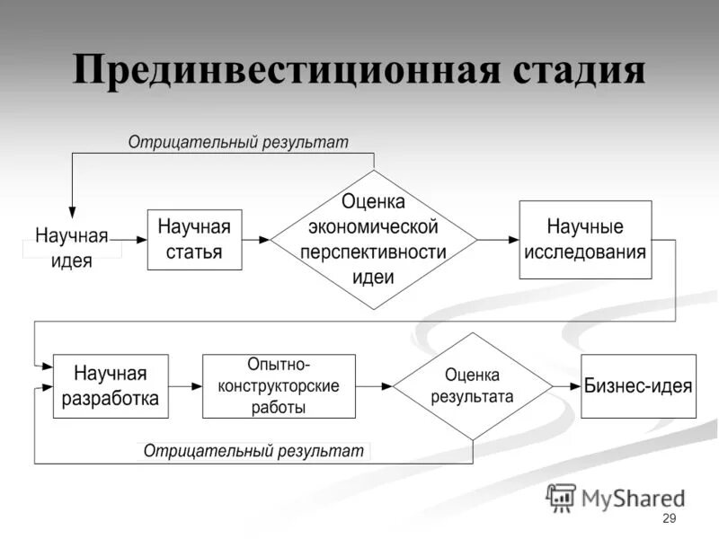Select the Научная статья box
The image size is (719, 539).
pyautogui.click(x=195, y=239)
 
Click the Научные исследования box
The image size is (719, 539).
pyautogui.click(x=585, y=239)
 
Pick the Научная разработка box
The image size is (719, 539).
pyautogui.click(x=111, y=385)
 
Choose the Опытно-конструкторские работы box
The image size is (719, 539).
pyautogui.click(x=279, y=385)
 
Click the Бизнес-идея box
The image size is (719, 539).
pyautogui.click(x=638, y=386)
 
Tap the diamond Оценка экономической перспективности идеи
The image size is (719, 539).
pyautogui.click(x=374, y=239)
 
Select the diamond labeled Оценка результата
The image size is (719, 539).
pyautogui.click(x=473, y=386)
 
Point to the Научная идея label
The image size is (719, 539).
pyautogui.click(x=71, y=248)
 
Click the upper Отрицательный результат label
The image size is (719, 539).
pyautogui.click(x=237, y=142)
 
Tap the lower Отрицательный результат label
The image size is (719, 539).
pyautogui.click(x=253, y=450)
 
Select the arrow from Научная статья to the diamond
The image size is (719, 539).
pyautogui.click(x=258, y=240)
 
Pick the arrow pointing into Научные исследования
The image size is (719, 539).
pyautogui.click(x=498, y=240)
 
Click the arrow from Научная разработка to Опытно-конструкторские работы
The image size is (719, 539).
pyautogui.click(x=186, y=386)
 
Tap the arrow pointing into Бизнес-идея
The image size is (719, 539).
pyautogui.click(x=567, y=386)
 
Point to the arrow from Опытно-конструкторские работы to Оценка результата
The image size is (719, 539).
pyautogui.click(x=375, y=386)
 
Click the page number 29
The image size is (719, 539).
pyautogui.click(x=668, y=519)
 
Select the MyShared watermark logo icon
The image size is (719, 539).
pyautogui.click(x=561, y=497)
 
